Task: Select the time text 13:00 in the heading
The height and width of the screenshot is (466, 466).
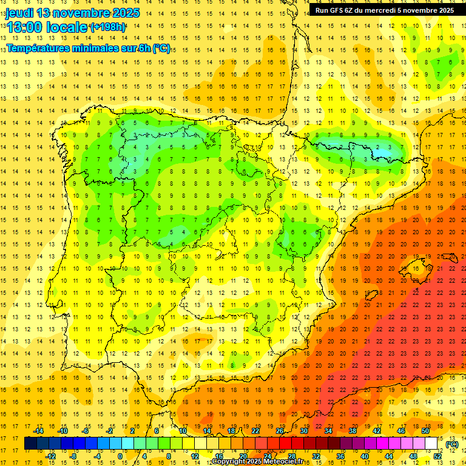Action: point(24,27)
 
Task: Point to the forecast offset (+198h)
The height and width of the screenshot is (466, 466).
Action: point(108,27)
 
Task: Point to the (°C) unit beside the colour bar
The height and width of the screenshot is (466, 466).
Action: point(452,444)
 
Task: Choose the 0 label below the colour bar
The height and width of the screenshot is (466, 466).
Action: point(120,456)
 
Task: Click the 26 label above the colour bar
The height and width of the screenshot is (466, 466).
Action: point(280,431)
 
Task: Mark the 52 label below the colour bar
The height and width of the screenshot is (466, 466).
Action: point(437,456)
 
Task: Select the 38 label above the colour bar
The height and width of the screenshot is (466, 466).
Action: point(353,431)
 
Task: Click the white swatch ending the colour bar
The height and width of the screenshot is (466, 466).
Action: point(431,444)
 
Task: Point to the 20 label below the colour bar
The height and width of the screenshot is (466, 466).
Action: point(243,456)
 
